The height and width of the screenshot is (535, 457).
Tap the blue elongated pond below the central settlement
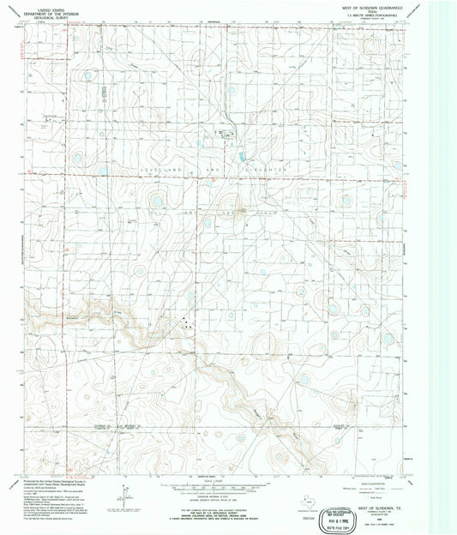point(241,156)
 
